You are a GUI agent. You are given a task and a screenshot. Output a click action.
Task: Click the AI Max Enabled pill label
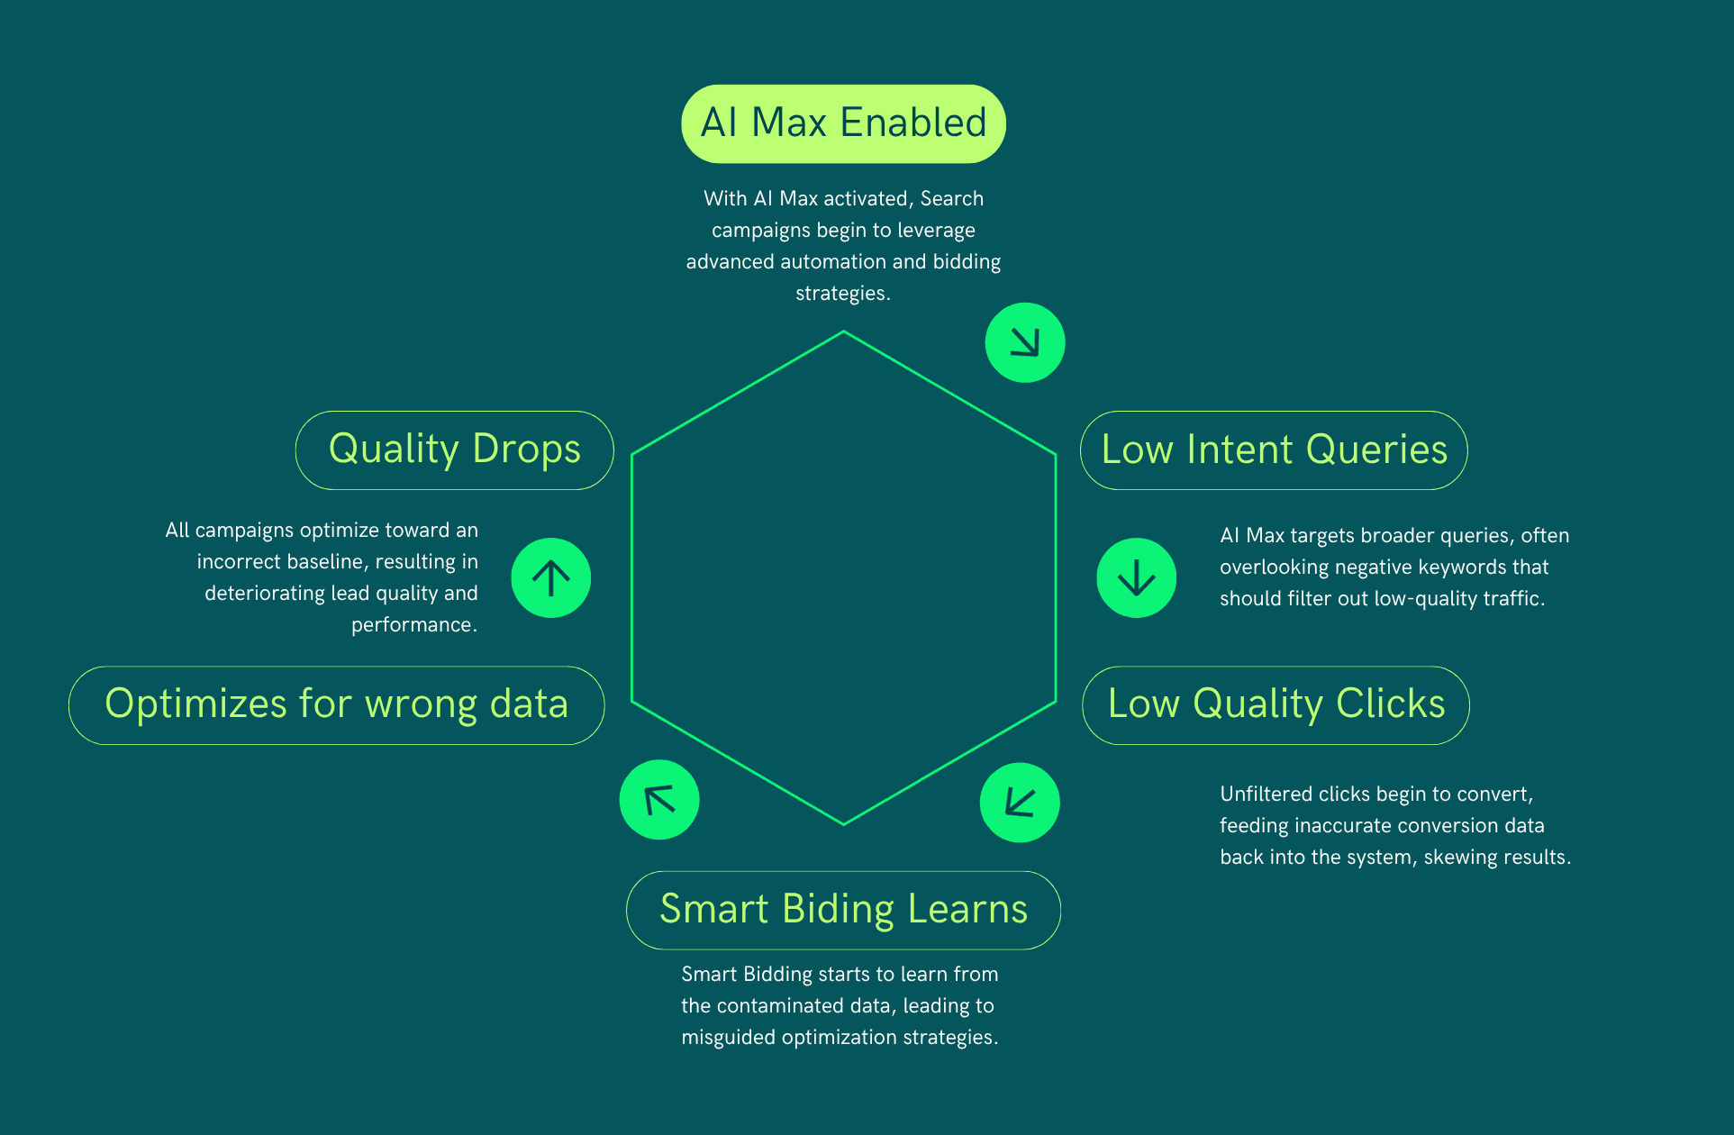click(843, 123)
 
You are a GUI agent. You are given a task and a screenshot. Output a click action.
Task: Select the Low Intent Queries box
click(1274, 450)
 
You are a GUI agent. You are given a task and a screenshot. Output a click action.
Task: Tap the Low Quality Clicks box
click(1276, 705)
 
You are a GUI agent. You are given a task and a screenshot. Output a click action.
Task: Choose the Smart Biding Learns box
click(843, 910)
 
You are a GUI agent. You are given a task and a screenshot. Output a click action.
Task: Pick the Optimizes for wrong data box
click(336, 705)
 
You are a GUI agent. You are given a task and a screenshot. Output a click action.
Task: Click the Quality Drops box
click(454, 450)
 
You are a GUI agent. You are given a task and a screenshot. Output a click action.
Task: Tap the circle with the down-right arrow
click(1025, 342)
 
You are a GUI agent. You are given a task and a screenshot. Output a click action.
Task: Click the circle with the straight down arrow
click(1136, 577)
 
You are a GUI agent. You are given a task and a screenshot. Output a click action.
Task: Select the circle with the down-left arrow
click(1020, 802)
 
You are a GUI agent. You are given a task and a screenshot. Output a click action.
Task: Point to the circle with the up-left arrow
click(659, 800)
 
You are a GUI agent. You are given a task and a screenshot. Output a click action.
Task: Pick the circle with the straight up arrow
click(551, 577)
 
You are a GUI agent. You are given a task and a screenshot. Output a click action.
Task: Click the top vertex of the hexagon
click(843, 332)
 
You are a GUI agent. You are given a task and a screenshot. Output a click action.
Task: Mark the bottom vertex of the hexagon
click(843, 823)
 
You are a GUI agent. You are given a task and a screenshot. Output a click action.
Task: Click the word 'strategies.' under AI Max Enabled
click(842, 294)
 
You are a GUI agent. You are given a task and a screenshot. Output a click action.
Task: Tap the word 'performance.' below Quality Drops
click(413, 625)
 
